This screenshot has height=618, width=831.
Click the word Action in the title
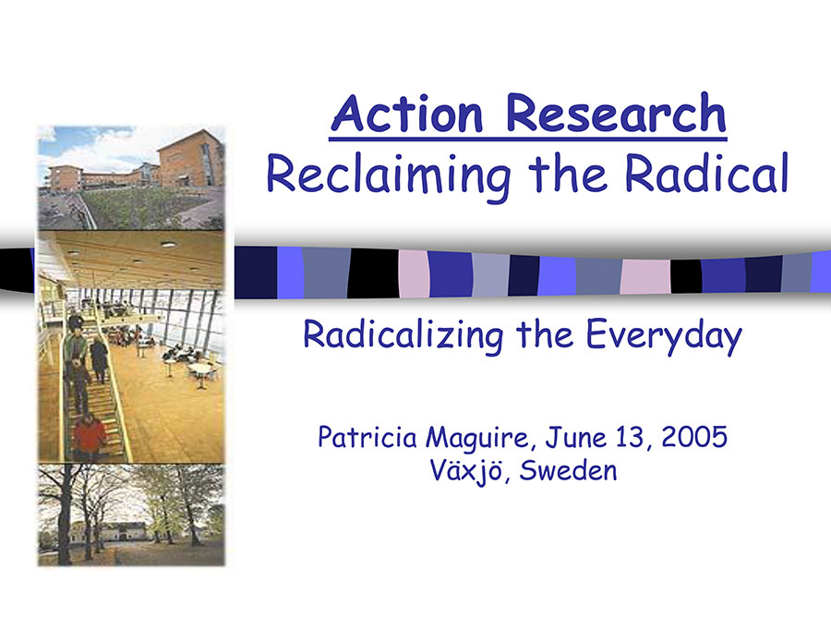[407, 113]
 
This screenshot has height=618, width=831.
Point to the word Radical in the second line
[706, 172]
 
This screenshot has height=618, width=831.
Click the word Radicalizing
[403, 336]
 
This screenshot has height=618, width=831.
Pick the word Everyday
[664, 336]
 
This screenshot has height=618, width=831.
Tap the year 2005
[694, 437]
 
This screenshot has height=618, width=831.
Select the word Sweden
[568, 470]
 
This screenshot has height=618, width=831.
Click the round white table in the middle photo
[199, 369]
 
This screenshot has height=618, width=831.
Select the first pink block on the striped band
[414, 273]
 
